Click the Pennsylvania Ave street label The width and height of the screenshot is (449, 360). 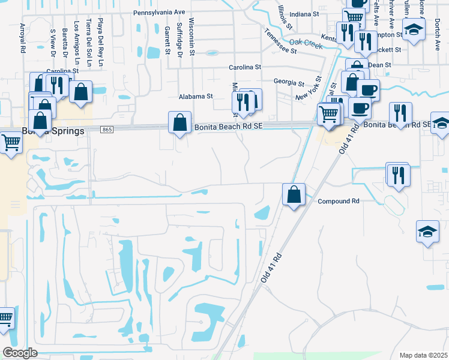pos(159,12)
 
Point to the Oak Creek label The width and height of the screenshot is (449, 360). pos(306,43)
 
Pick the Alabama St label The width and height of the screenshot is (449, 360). pos(196,96)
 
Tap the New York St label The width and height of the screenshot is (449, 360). pos(310,89)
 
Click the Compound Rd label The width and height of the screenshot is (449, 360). pos(339,201)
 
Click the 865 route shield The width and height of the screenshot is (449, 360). pos(107,130)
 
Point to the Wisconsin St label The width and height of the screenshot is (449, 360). pos(191,36)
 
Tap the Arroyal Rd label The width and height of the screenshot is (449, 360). pos(22,39)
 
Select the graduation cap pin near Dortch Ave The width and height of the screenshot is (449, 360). pos(414,30)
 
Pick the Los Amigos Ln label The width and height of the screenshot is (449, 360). pos(77,43)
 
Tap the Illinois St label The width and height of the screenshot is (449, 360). pos(285,17)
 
